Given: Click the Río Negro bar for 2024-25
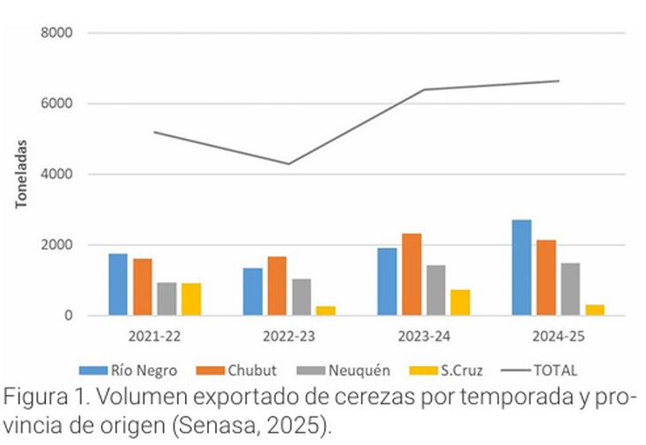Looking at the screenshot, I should [x=521, y=267].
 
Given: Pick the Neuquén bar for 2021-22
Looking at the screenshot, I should [x=166, y=299].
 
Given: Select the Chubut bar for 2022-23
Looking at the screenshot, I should [x=276, y=286].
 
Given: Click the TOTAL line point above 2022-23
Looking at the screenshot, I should [x=288, y=164].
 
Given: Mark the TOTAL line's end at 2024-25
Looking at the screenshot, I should [x=558, y=81].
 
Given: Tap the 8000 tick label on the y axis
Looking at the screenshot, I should [x=57, y=33].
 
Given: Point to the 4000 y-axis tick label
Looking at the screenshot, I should [x=57, y=174].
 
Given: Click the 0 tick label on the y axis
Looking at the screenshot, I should [x=67, y=316].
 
